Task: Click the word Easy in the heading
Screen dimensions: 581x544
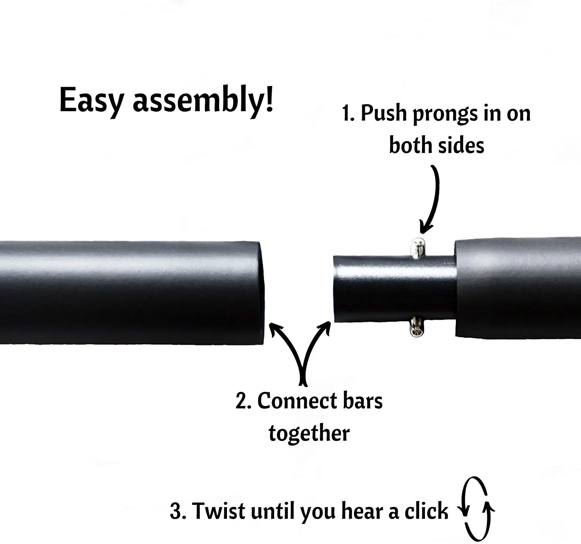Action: (x=91, y=101)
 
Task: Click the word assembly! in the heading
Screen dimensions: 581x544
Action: (x=203, y=101)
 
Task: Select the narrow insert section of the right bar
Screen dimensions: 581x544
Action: (x=391, y=289)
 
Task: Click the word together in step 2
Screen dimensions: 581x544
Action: (x=309, y=433)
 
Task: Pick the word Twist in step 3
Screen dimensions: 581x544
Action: (x=219, y=511)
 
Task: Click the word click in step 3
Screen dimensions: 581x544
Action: (x=426, y=511)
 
